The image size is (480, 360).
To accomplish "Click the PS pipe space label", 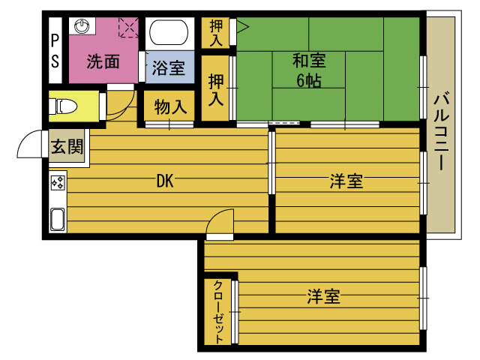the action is (55, 51).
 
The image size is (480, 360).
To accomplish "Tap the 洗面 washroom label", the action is (103, 61).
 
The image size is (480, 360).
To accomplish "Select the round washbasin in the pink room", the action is (82, 25).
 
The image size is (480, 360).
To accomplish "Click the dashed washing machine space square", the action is (128, 27).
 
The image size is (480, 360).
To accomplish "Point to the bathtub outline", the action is (169, 33).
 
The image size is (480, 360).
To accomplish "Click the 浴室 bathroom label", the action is (169, 67).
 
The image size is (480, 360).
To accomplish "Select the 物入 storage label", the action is (170, 107).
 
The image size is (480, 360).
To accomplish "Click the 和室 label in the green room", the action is (309, 60).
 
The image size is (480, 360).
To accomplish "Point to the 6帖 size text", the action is (309, 81).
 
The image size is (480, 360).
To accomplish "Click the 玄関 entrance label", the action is (67, 147).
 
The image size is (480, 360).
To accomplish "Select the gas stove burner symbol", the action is (58, 183).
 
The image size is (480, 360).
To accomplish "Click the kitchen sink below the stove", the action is (57, 219).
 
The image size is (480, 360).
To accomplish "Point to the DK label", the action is (165, 181).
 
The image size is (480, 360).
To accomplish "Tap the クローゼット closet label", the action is (218, 311).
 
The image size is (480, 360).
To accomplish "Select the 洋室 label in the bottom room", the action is (323, 296).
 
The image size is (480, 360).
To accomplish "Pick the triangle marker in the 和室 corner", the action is (242, 26).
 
